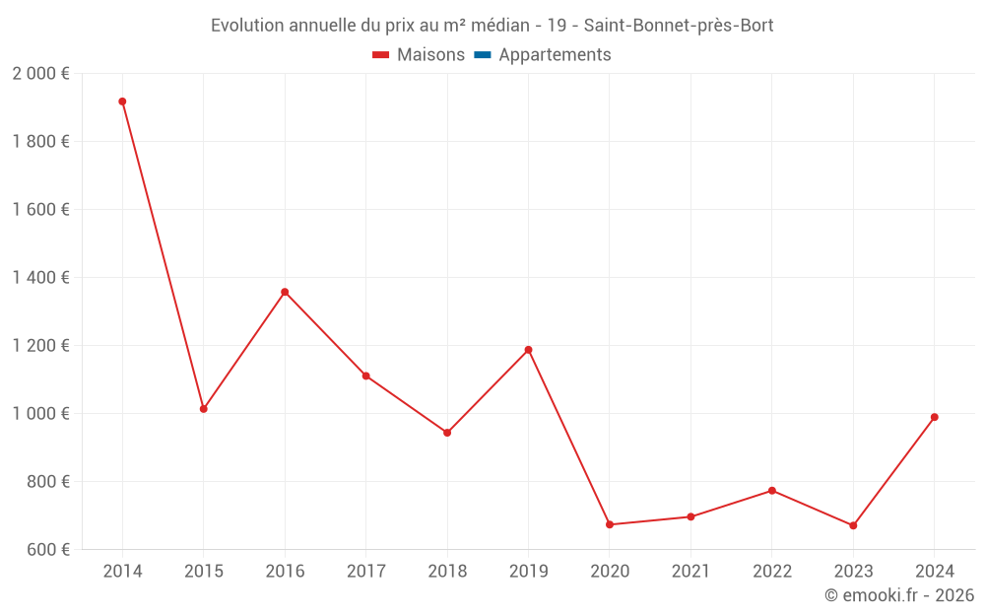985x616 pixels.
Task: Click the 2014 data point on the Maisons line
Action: pyautogui.click(x=122, y=102)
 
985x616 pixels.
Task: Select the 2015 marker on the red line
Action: pyautogui.click(x=204, y=409)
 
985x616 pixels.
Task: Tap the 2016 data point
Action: pyautogui.click(x=285, y=292)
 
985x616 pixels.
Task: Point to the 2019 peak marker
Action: pyautogui.click(x=529, y=350)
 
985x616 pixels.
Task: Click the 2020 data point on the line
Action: pyautogui.click(x=610, y=524)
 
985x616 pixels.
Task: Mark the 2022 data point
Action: pyautogui.click(x=772, y=491)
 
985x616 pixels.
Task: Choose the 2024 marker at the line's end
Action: pyautogui.click(x=934, y=417)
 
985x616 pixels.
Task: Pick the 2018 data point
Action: pyautogui.click(x=447, y=433)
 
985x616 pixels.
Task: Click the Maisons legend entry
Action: pyautogui.click(x=419, y=55)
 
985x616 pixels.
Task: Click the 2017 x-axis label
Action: pyautogui.click(x=365, y=572)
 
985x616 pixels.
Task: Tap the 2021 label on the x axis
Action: pyautogui.click(x=690, y=572)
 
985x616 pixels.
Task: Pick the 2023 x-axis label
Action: pyautogui.click(x=853, y=572)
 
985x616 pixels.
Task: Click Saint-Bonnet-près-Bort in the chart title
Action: pyautogui.click(x=679, y=26)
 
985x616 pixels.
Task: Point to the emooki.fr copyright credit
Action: pyautogui.click(x=899, y=595)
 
